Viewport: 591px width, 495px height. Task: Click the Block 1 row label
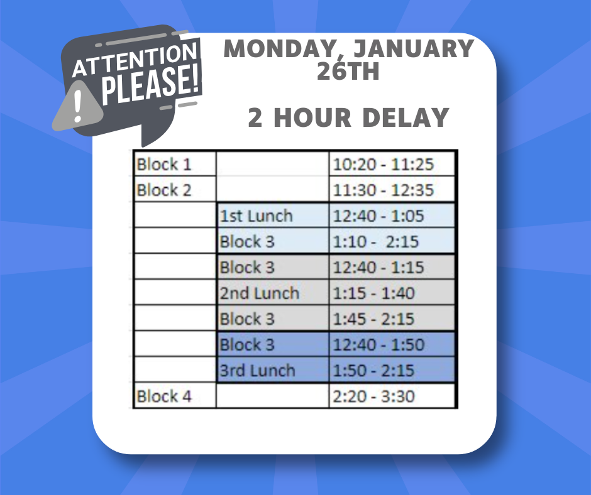click(x=164, y=165)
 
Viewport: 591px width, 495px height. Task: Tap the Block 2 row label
click(x=164, y=190)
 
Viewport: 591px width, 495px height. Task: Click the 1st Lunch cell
click(x=256, y=216)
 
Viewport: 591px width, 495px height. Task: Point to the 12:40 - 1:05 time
click(x=378, y=216)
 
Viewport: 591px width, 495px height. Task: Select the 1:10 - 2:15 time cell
click(x=376, y=242)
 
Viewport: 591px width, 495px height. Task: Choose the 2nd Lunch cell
click(x=259, y=293)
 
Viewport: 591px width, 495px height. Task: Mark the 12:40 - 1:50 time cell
click(x=378, y=345)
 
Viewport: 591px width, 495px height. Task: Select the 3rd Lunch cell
click(x=257, y=371)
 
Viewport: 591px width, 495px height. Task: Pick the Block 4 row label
click(x=164, y=396)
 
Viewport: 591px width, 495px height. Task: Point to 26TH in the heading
click(x=348, y=71)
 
